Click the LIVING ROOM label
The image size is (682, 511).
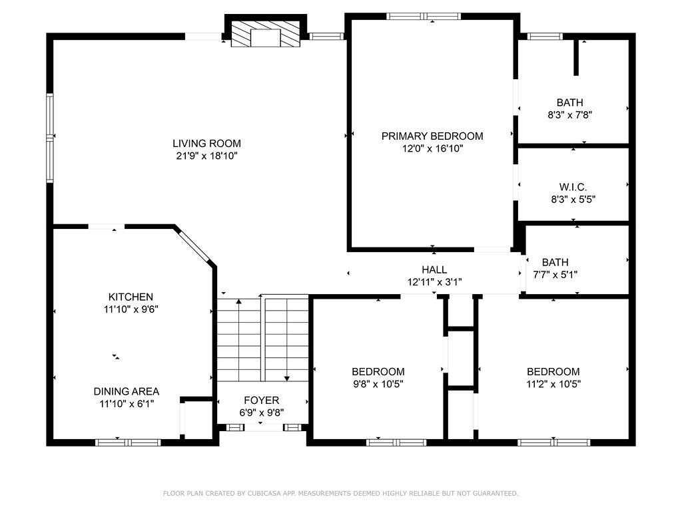coord(206,144)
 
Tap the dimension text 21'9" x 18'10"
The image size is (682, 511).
coord(206,156)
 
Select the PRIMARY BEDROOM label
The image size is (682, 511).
coord(432,136)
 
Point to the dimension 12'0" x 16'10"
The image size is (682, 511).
coord(432,148)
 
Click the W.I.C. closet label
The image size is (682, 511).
coord(573,187)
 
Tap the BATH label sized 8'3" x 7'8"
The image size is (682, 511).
coord(570,102)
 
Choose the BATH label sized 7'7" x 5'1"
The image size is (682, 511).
coord(555,262)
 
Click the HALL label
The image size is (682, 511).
coord(434,269)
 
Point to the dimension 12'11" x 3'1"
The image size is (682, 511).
coord(434,282)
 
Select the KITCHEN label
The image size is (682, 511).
coord(131,297)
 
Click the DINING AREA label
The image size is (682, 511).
coord(127,391)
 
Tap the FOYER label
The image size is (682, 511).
coord(261,400)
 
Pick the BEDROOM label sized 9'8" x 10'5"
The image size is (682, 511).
coord(378,372)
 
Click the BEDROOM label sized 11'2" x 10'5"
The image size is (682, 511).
coord(553,372)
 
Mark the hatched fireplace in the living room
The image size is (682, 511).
coord(265,35)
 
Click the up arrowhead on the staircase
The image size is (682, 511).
coord(239,301)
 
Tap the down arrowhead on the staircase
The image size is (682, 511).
coord(286,379)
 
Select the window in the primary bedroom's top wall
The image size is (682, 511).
coord(424,17)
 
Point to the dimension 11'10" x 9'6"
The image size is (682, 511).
coord(131,310)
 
